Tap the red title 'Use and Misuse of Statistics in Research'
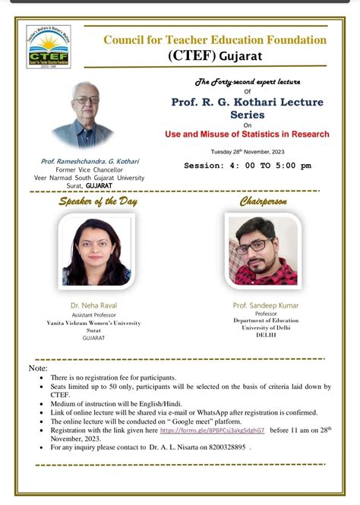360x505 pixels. pyautogui.click(x=248, y=134)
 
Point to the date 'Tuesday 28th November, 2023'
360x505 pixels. pyautogui.click(x=248, y=150)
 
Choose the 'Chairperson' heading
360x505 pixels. pyautogui.click(x=263, y=201)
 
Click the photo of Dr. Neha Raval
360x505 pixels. pyautogui.click(x=96, y=251)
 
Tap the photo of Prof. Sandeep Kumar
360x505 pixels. pyautogui.click(x=263, y=251)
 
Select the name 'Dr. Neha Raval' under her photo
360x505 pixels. pyautogui.click(x=96, y=305)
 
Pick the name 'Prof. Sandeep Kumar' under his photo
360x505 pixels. pyautogui.click(x=266, y=305)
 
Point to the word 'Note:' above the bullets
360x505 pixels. pyautogui.click(x=38, y=368)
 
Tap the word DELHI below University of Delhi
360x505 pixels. pyautogui.click(x=266, y=335)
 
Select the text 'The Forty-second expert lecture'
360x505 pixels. pyautogui.click(x=248, y=80)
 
